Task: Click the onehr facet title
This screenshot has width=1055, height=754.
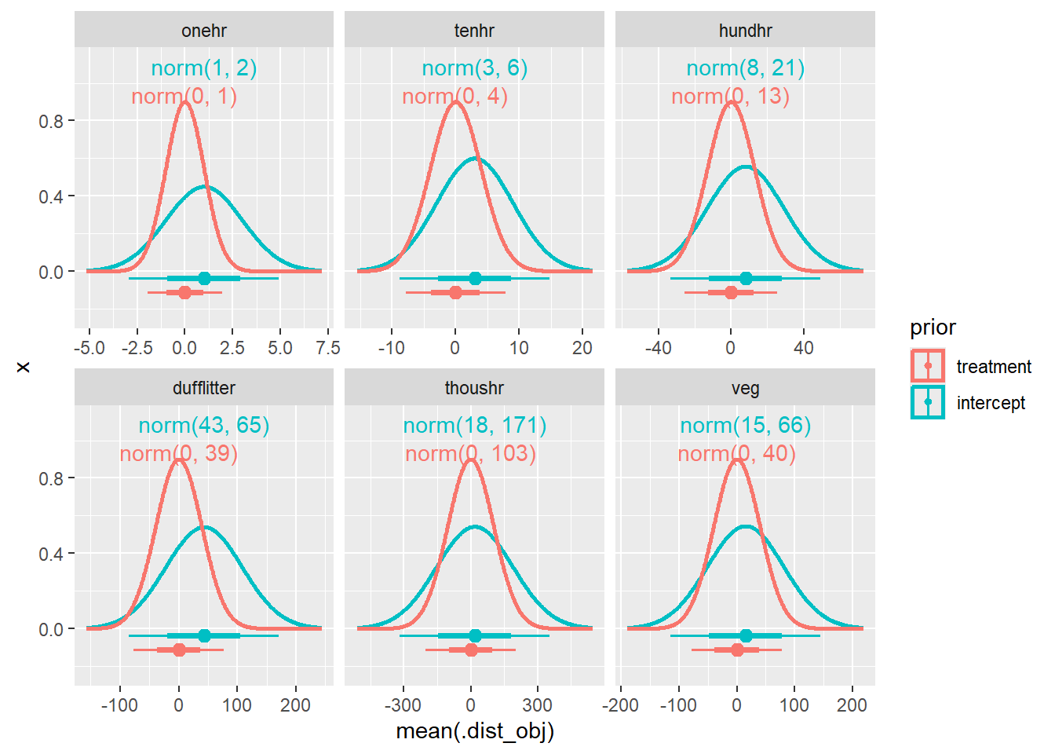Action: click(204, 31)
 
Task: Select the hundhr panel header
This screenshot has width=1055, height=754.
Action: click(745, 31)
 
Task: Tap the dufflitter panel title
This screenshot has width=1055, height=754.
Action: click(204, 388)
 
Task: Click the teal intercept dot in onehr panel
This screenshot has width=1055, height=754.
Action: click(204, 278)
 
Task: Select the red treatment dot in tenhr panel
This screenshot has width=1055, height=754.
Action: click(455, 292)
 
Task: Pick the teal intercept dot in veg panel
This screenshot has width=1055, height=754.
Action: click(746, 635)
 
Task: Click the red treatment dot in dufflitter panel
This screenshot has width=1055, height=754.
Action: click(179, 650)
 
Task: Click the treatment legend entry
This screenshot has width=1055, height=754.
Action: click(994, 367)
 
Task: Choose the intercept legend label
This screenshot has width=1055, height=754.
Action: click(991, 403)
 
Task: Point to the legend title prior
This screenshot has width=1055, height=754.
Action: click(933, 328)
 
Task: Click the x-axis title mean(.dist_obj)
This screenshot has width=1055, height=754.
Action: click(475, 731)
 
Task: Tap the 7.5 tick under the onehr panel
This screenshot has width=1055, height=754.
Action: click(328, 348)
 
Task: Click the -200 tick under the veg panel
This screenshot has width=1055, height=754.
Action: click(620, 705)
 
